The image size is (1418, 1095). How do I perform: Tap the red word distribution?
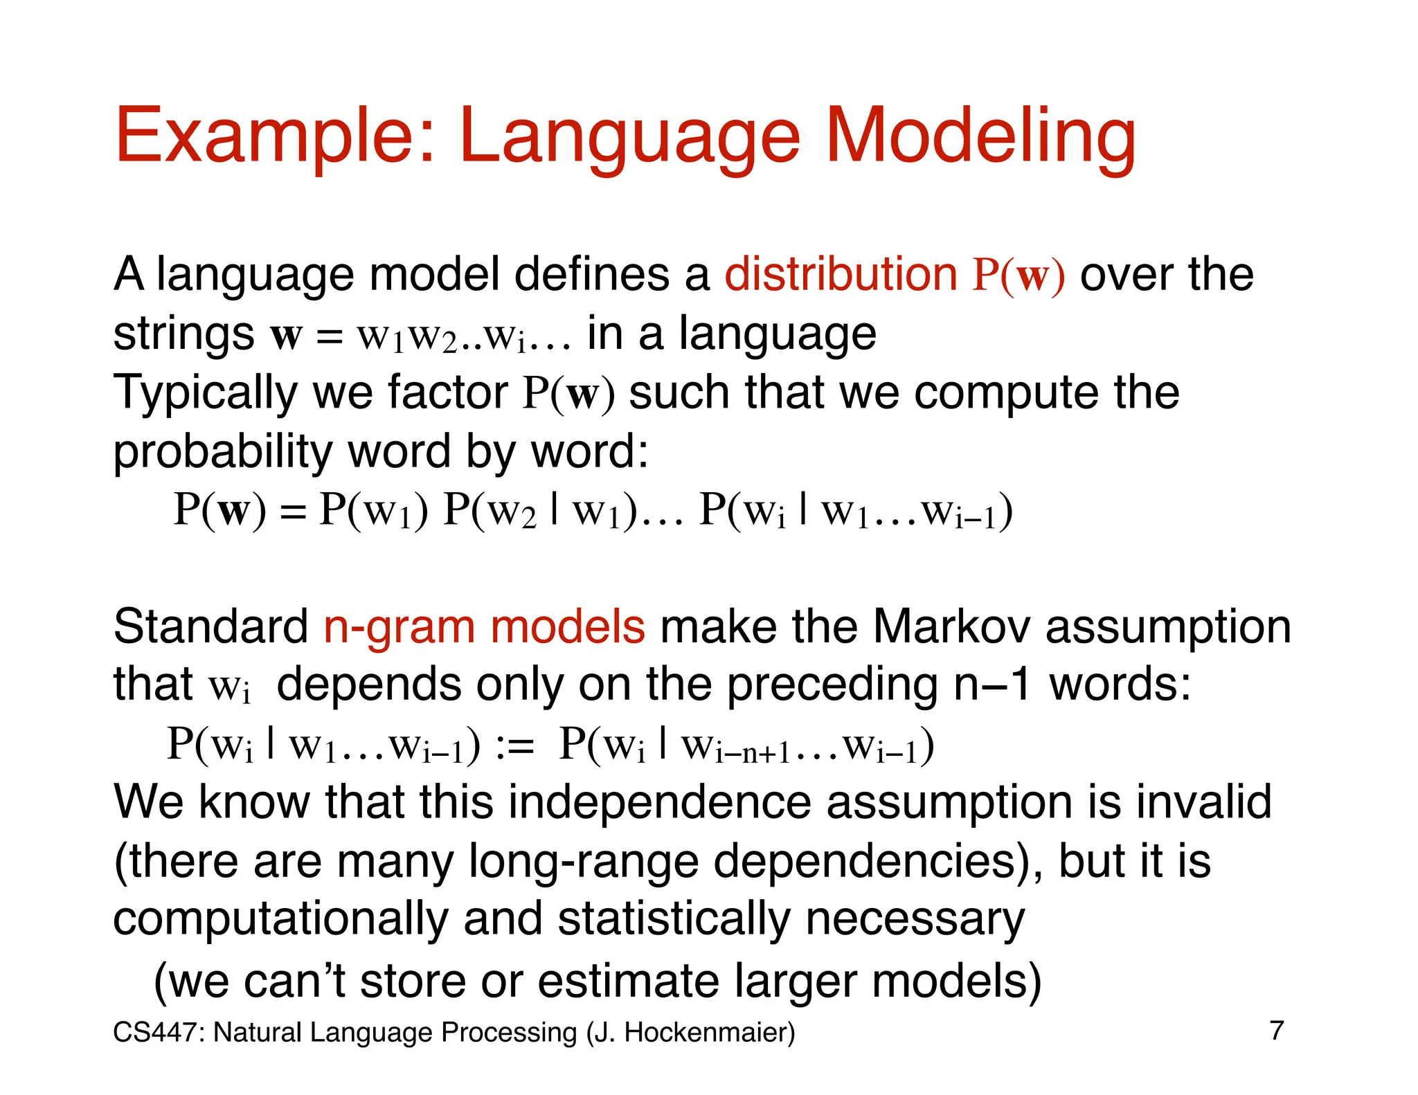click(x=841, y=274)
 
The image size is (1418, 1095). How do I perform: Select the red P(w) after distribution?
click(x=1018, y=275)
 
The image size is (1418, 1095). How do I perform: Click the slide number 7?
click(x=1277, y=1031)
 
